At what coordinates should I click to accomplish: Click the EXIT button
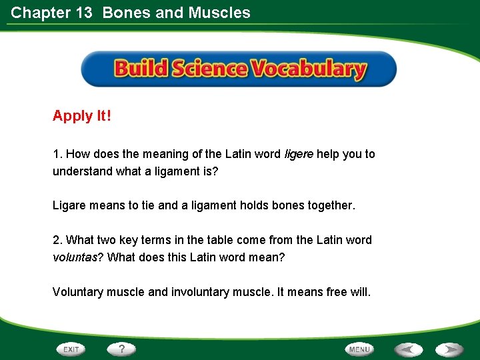coord(71,349)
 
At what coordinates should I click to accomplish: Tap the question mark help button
coord(122,349)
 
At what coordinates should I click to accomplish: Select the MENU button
coord(359,349)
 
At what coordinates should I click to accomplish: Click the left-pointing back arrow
coord(408,349)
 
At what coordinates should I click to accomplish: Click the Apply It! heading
coord(82,116)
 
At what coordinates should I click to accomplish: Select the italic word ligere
coord(299,154)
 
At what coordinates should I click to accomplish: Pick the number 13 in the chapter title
coord(83,13)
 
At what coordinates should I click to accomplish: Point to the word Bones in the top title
coord(126,13)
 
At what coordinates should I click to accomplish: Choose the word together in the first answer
coord(331,205)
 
